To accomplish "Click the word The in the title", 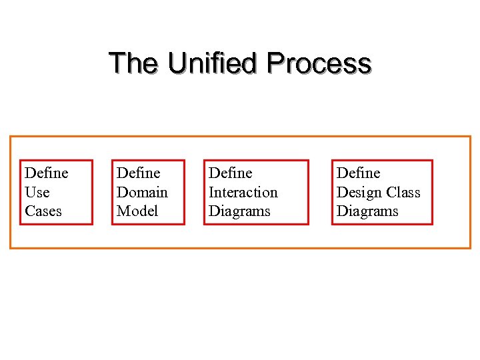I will (133, 63).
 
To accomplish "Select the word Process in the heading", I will (318, 63).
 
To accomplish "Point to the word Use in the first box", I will (37, 193).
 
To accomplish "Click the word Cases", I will (43, 211).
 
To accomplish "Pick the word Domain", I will (142, 193).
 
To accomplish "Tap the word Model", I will (137, 211).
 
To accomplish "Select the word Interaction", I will (243, 193).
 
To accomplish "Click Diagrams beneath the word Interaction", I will (239, 211).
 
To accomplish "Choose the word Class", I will (403, 193).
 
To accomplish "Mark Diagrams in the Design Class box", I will (367, 211).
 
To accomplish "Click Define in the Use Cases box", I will (47, 173).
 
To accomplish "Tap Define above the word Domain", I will (139, 173).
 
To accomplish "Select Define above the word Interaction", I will (231, 173).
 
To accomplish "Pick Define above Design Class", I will (359, 173).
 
